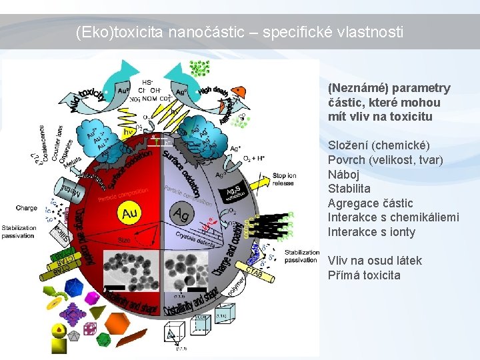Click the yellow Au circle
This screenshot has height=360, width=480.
(x=128, y=213)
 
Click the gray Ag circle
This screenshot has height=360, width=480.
(x=181, y=214)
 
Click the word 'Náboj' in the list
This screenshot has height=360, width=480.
(x=344, y=174)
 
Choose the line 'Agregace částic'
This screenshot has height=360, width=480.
(x=370, y=203)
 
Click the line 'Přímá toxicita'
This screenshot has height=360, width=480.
(x=364, y=275)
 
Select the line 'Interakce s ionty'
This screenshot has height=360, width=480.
(x=371, y=232)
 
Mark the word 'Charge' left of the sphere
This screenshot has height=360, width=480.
(x=27, y=208)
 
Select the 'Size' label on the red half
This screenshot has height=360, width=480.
(x=125, y=237)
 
